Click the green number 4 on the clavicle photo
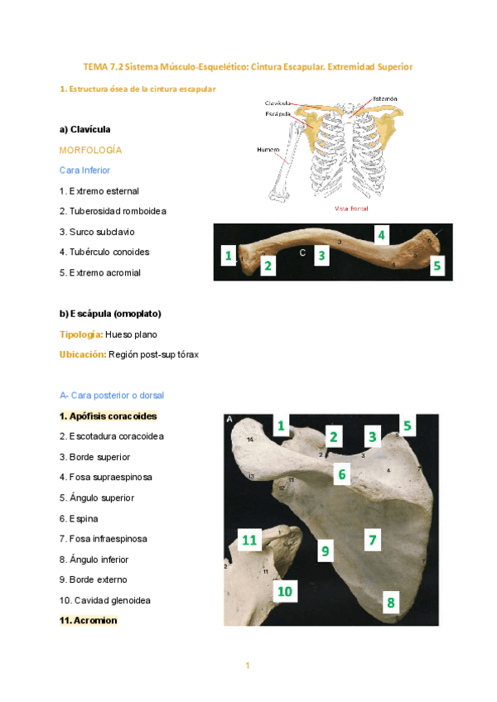(381, 235)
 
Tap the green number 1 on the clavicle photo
(227, 256)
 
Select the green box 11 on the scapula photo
(250, 541)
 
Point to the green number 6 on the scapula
(341, 474)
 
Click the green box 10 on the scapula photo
(285, 591)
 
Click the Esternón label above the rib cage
(384, 99)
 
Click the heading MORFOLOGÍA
(90, 150)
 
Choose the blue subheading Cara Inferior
(89, 170)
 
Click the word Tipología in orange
(80, 334)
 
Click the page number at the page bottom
(247, 666)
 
